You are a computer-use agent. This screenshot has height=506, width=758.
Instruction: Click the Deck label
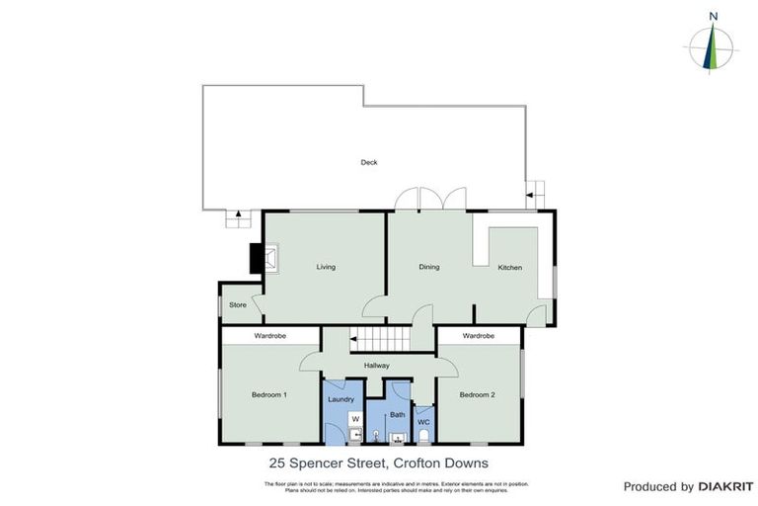pos(368,162)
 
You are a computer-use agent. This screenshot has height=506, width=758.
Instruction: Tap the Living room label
pos(326,267)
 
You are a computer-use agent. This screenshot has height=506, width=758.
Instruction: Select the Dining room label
pos(428,267)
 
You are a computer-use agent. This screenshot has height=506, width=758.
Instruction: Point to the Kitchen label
pos(509,268)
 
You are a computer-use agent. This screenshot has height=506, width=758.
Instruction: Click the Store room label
pos(237,305)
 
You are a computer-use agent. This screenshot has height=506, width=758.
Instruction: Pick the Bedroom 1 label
pos(268,395)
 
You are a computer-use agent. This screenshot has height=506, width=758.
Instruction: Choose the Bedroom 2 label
pos(477,395)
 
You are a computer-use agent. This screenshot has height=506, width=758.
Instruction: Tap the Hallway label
pos(376,366)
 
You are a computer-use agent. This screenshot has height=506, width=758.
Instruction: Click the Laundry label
pos(341,399)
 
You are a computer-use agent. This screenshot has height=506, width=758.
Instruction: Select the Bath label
pos(397,414)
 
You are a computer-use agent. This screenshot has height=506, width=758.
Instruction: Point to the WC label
pos(423,422)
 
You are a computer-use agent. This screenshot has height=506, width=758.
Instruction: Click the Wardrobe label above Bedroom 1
pos(269,336)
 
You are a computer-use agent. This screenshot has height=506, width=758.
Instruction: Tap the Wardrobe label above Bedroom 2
pos(478,336)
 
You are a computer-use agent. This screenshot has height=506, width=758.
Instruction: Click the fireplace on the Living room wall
pos(265,259)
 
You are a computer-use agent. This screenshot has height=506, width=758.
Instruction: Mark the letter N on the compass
pos(713,16)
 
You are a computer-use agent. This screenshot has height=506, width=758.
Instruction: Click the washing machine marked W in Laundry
pos(354,418)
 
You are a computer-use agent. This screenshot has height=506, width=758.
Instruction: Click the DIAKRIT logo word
pos(725,487)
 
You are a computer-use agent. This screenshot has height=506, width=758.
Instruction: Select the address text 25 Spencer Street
pos(327,463)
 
